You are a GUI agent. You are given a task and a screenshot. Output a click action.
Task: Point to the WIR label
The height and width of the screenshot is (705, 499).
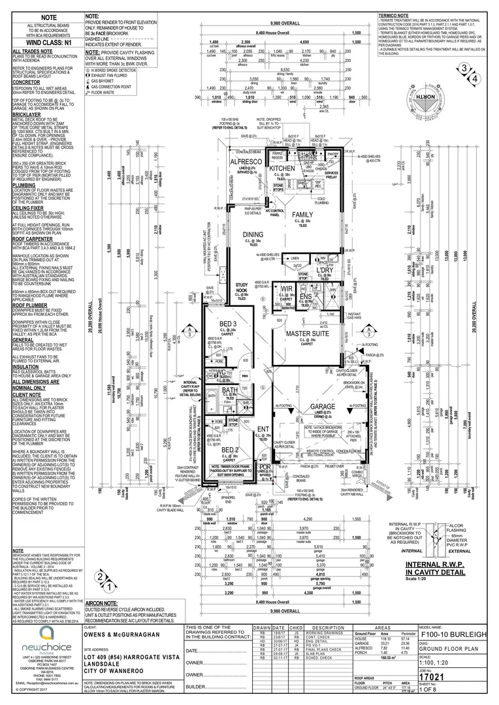(x=285, y=289)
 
